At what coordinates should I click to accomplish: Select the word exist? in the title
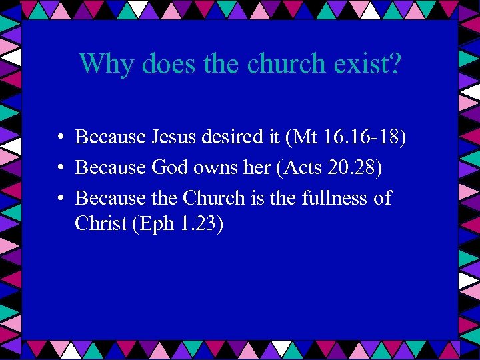(x=371, y=63)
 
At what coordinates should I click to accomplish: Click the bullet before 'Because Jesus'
(x=60, y=138)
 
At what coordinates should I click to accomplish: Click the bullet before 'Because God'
(x=60, y=169)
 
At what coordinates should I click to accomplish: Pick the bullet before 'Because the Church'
(x=60, y=199)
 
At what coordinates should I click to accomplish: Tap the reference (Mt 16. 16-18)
(x=346, y=138)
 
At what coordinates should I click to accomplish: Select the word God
(x=171, y=168)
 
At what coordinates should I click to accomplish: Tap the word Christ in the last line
(x=101, y=223)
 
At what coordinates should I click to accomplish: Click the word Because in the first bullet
(x=111, y=137)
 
